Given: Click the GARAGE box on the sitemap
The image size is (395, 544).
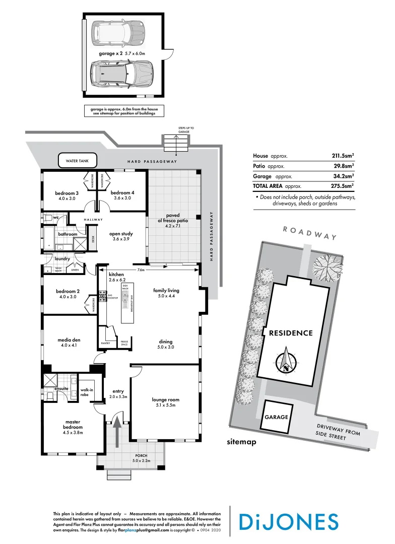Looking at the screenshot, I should coord(277,417).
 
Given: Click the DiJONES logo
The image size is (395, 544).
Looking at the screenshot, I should coord(289,521).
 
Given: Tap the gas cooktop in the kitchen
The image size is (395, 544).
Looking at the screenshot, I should coord(102,296).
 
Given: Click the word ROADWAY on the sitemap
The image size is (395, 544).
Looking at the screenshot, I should coord(309,233).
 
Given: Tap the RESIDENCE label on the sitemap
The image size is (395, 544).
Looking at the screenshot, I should coord(291,333).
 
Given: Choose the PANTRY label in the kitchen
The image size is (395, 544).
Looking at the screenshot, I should coord(105,343).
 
